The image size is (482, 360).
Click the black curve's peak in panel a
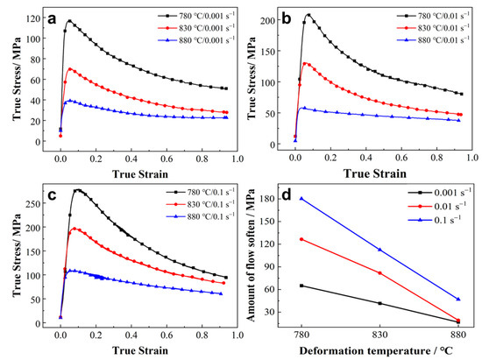point(68,21)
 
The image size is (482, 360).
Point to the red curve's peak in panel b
point(305,63)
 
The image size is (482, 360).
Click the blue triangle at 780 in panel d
point(301,198)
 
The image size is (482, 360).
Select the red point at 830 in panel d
point(379,273)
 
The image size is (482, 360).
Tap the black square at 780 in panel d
point(301,286)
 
